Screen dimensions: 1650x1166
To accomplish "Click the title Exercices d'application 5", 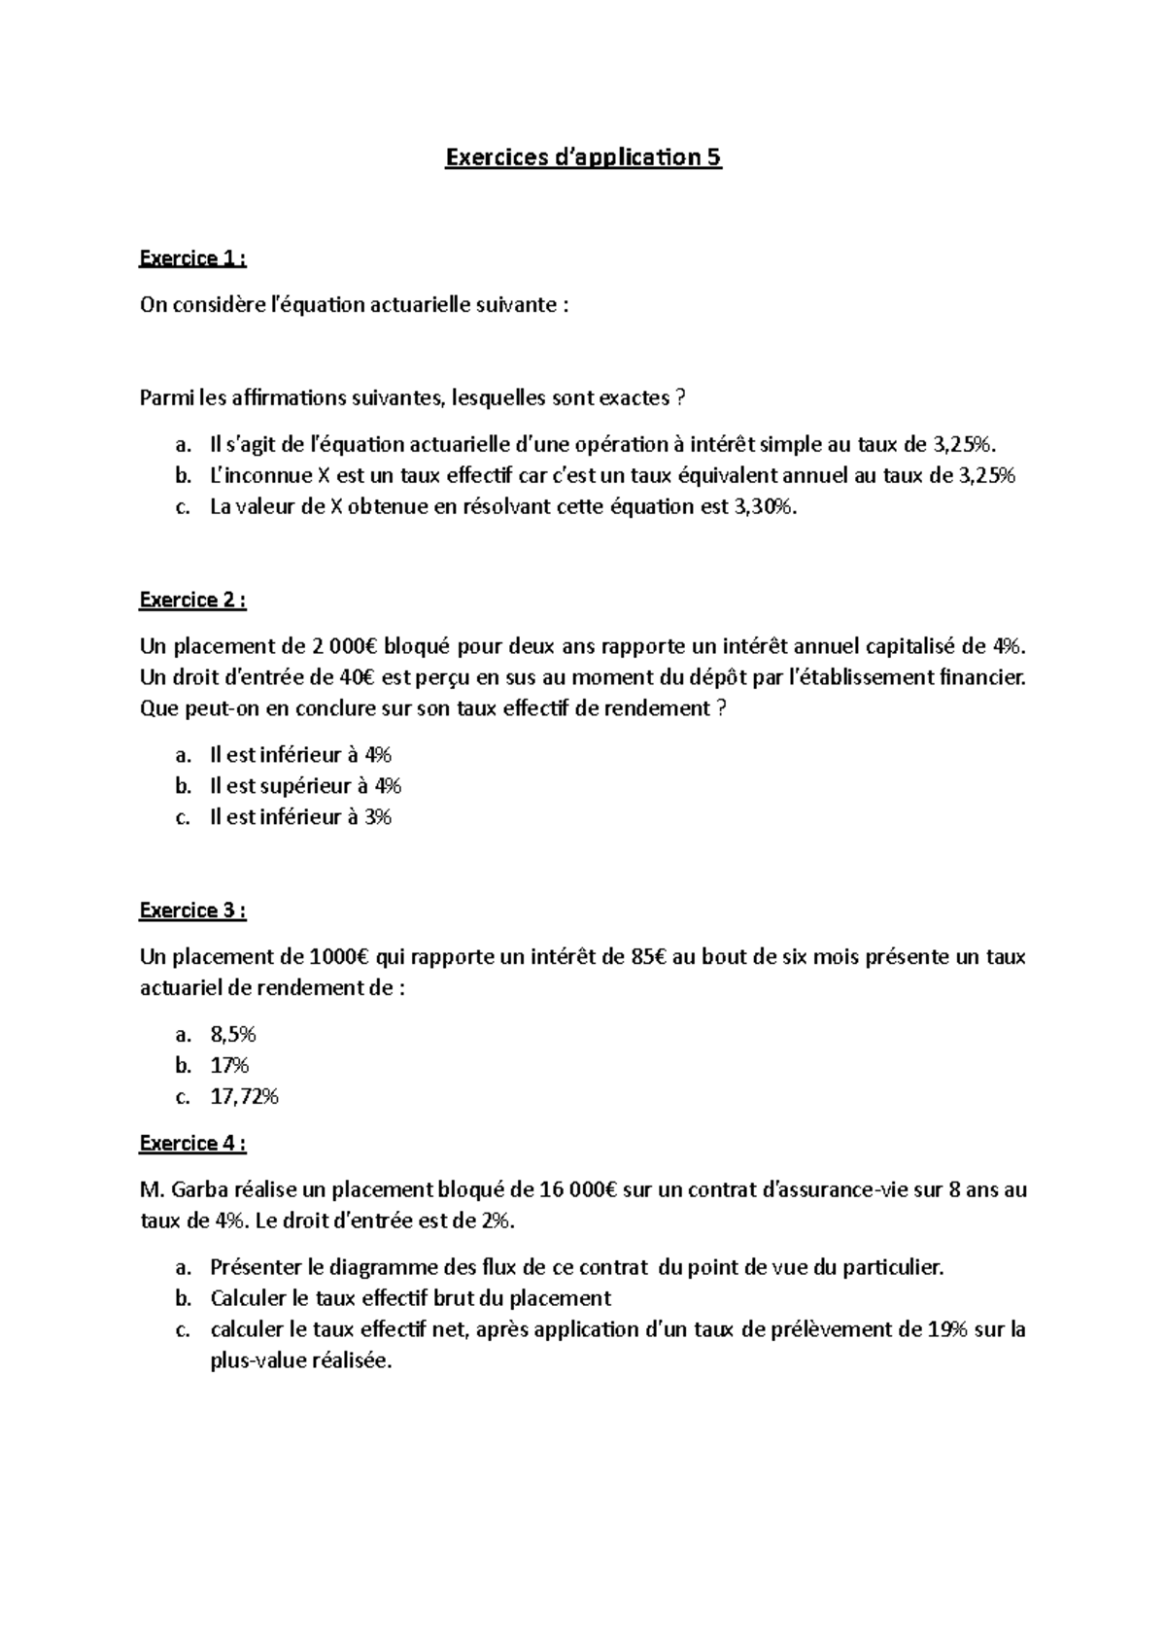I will point(583,157).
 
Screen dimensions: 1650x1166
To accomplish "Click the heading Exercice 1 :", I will point(192,258).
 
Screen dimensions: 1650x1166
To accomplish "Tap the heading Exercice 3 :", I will point(192,911).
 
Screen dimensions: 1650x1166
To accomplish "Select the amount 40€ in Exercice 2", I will point(355,677).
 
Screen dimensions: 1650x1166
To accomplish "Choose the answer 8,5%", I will point(233,1035).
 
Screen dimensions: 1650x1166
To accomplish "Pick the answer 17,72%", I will point(244,1097).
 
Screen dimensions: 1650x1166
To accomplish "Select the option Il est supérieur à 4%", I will point(305,786).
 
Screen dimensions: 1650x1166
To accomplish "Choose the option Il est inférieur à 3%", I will point(300,817).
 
